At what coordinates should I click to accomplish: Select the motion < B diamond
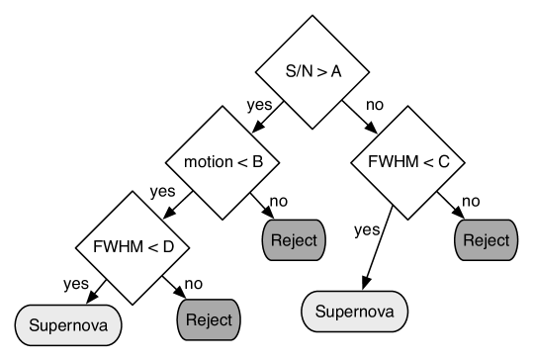tap(222, 161)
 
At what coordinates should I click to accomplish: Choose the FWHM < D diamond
tap(133, 247)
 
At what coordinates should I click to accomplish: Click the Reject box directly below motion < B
tap(295, 240)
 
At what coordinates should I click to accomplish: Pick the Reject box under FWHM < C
tap(486, 239)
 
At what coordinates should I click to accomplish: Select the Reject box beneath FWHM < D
tap(209, 319)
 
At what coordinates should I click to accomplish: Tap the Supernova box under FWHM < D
tap(68, 324)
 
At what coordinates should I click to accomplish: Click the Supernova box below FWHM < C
tap(354, 313)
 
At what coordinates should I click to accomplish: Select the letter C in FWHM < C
tap(444, 161)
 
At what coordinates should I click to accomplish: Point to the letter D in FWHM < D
tap(168, 247)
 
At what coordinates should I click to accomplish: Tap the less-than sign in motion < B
tap(241, 161)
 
